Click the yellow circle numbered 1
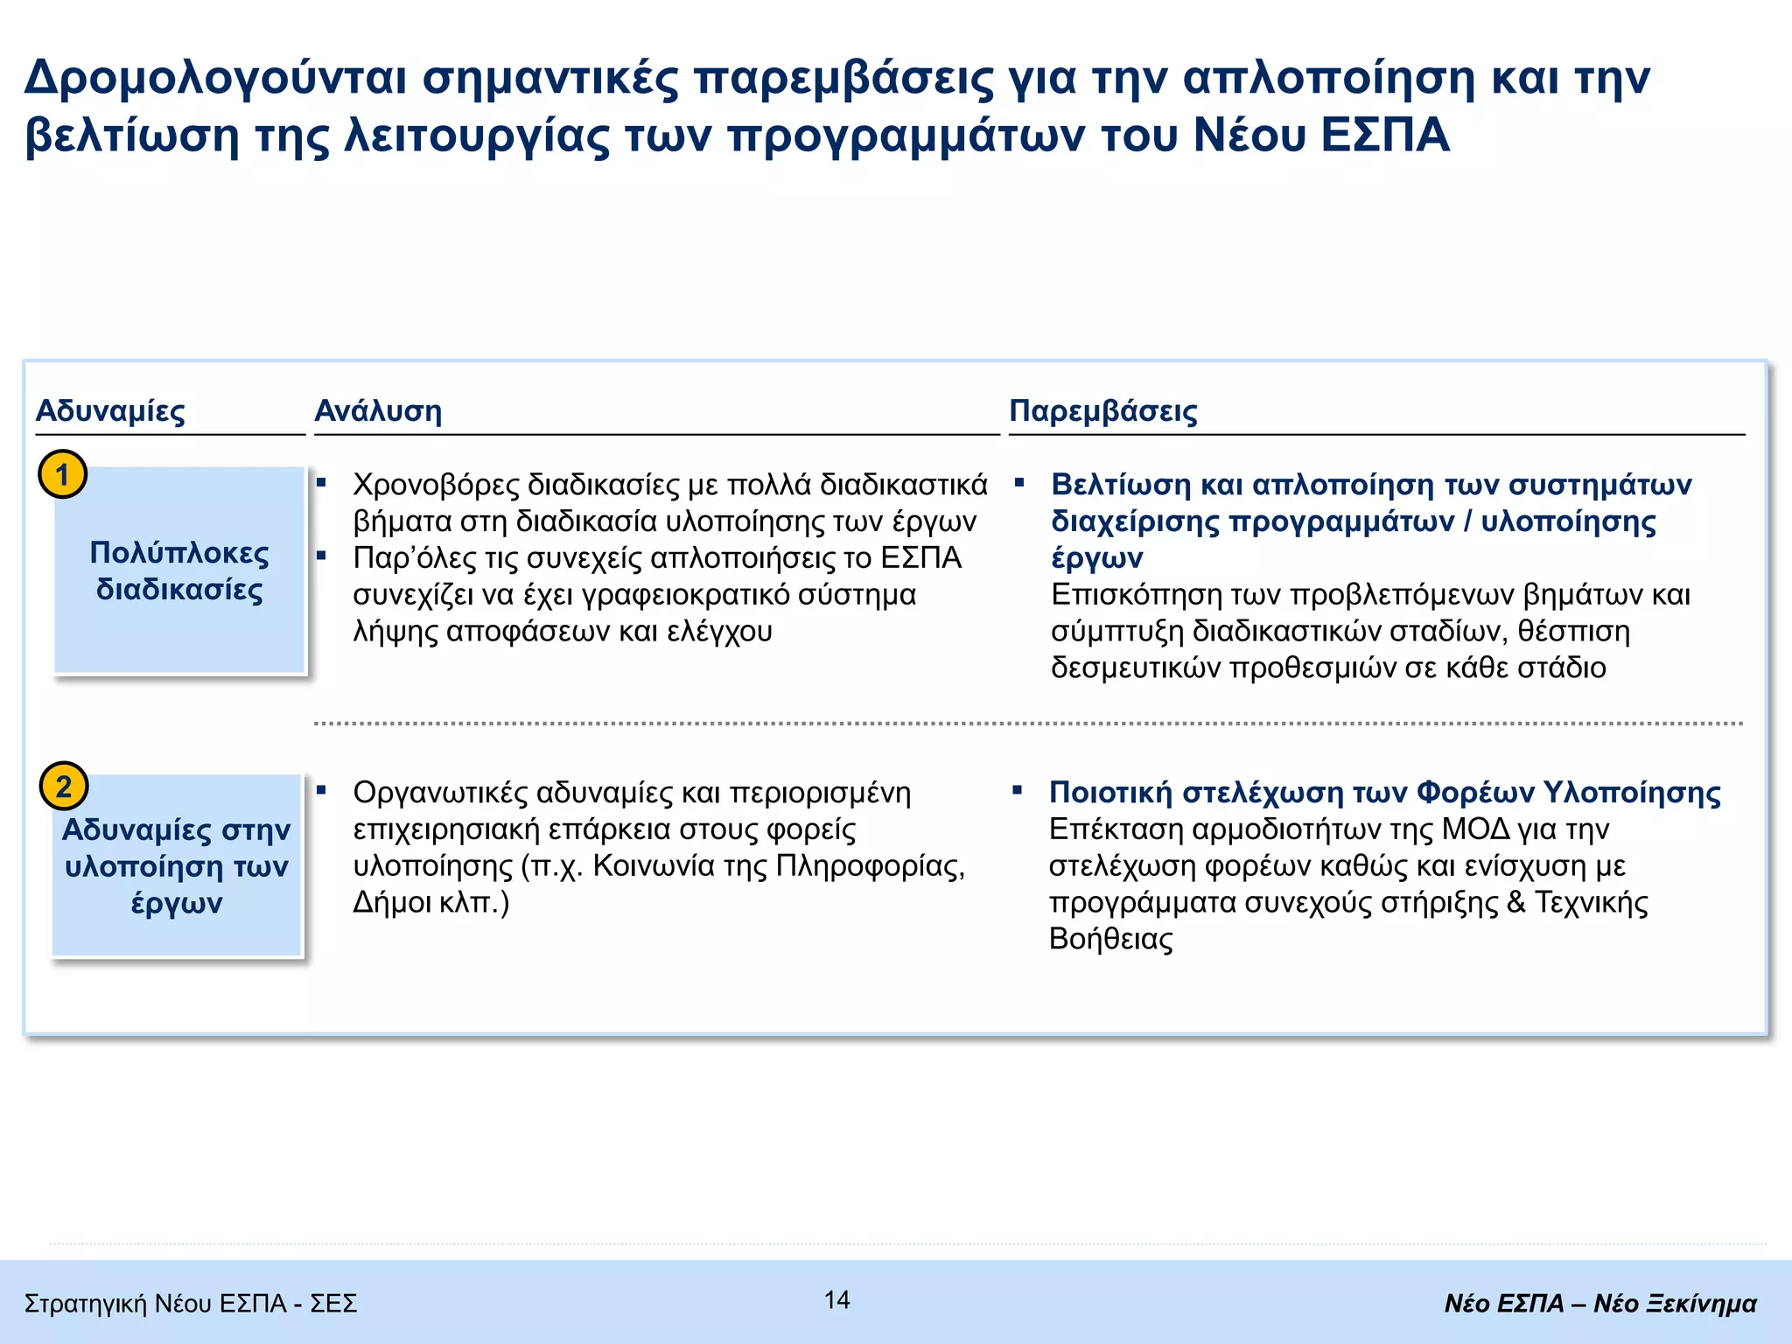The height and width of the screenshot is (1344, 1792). click(62, 474)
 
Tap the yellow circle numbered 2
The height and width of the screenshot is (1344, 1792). click(64, 786)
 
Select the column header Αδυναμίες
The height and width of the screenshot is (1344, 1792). click(110, 410)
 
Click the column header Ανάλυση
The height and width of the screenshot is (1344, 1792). click(378, 410)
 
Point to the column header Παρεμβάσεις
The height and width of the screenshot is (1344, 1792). click(1103, 410)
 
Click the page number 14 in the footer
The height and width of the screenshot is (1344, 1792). click(837, 1300)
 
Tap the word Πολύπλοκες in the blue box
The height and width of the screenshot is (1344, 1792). click(179, 553)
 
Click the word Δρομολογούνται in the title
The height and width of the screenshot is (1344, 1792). click(215, 78)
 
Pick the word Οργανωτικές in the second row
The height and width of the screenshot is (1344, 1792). click(439, 793)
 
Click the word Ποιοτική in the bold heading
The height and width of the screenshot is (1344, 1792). click(1110, 793)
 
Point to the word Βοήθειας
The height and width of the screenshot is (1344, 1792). click(1110, 940)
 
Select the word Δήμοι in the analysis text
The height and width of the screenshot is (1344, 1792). click(390, 902)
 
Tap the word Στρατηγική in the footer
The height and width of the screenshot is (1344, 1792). click(86, 1304)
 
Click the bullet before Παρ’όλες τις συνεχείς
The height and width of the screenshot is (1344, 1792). click(321, 556)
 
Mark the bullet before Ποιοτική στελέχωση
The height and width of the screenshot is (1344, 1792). click(1017, 790)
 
